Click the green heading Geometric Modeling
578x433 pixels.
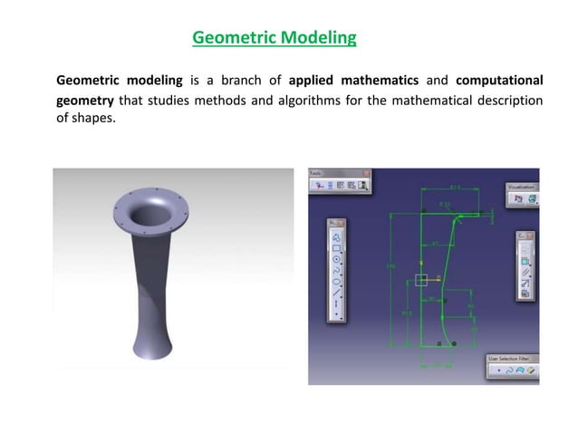(275, 38)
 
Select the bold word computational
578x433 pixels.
(500, 81)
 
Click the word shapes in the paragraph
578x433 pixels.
(95, 120)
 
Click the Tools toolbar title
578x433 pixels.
(316, 172)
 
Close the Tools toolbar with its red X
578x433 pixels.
(367, 172)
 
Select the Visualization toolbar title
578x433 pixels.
(520, 186)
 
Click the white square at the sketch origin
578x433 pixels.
(421, 279)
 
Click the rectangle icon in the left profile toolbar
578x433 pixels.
(337, 247)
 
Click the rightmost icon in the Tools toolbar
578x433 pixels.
(363, 186)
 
